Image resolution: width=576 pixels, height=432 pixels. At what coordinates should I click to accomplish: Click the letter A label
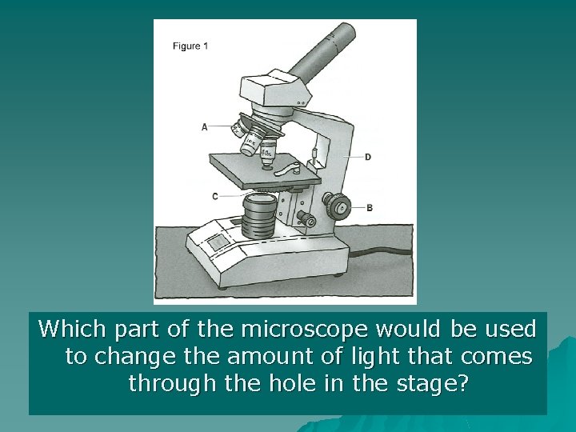pyautogui.click(x=205, y=126)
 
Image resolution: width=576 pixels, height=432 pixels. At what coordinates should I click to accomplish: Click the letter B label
pyautogui.click(x=369, y=208)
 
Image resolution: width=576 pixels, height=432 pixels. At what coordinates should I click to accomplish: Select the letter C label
pyautogui.click(x=215, y=196)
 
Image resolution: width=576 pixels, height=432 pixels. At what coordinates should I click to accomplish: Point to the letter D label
pyautogui.click(x=367, y=157)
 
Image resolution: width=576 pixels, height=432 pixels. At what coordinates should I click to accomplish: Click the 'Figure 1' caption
pyautogui.click(x=190, y=46)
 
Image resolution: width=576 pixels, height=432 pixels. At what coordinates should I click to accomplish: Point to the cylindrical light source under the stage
pyautogui.click(x=258, y=214)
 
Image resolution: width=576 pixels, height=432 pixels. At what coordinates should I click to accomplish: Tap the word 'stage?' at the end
pyautogui.click(x=432, y=383)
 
